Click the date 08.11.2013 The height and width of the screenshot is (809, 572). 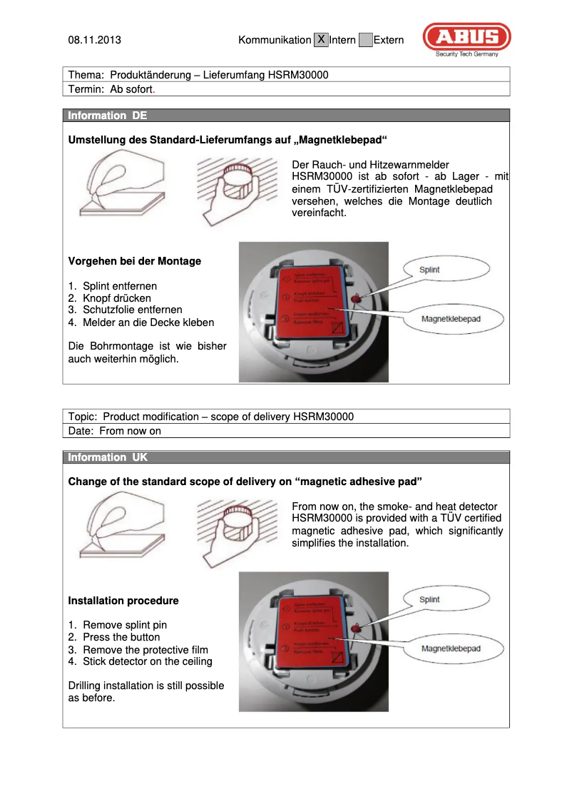(94, 41)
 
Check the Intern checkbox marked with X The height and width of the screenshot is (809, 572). (321, 40)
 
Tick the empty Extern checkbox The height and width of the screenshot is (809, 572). (365, 41)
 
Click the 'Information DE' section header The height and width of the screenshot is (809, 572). (107, 116)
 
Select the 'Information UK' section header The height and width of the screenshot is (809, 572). (107, 457)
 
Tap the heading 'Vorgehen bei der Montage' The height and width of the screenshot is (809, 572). (134, 261)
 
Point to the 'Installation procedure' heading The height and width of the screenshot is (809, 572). (123, 601)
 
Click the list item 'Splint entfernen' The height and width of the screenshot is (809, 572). (119, 286)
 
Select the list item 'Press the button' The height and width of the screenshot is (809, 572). (121, 637)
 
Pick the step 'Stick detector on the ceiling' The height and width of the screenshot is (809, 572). (147, 661)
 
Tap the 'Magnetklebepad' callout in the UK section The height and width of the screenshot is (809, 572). (451, 648)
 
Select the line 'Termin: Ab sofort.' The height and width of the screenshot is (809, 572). (111, 89)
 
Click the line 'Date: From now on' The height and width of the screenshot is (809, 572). (114, 431)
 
